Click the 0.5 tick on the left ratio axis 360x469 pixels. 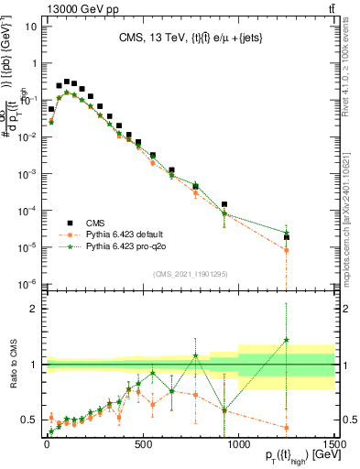click(x=27, y=420)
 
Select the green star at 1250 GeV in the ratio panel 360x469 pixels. click(x=287, y=340)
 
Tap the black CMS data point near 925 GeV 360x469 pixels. click(x=224, y=205)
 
